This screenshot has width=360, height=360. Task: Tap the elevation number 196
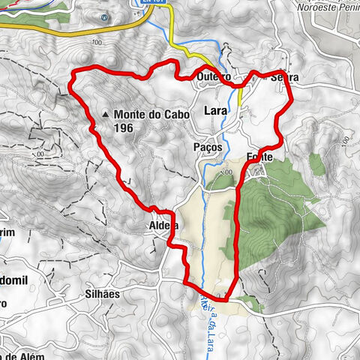pyautogui.click(x=124, y=128)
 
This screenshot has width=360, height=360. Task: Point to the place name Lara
pyautogui.click(x=216, y=111)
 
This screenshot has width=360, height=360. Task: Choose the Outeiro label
pyautogui.click(x=211, y=77)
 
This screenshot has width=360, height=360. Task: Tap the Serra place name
pyautogui.click(x=280, y=77)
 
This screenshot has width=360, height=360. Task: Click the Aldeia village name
pyautogui.click(x=163, y=224)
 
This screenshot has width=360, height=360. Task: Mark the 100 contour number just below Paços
pyautogui.click(x=226, y=173)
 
